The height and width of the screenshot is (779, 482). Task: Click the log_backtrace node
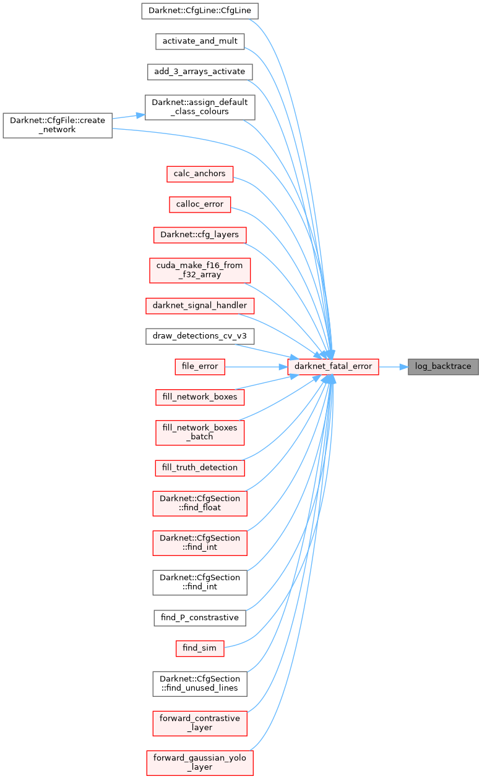[x=443, y=366]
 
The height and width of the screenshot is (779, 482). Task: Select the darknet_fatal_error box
[x=333, y=366]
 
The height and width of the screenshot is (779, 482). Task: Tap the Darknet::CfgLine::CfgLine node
[x=199, y=11]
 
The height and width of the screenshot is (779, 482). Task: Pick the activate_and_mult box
[x=199, y=41]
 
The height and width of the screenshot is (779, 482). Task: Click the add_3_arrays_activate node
[x=199, y=72]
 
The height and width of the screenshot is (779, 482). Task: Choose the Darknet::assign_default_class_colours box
[x=199, y=107]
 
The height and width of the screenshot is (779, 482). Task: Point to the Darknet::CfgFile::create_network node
[x=58, y=125]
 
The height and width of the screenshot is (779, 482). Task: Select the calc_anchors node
[x=199, y=174]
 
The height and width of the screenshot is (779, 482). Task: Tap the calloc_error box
[x=199, y=204]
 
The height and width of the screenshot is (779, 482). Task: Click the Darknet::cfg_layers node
[x=199, y=235]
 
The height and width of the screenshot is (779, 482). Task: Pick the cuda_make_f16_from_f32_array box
[x=199, y=270]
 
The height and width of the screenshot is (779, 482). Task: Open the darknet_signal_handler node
[x=199, y=305]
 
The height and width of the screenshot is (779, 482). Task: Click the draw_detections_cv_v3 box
[x=199, y=336]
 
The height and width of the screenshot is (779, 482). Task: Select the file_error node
[x=199, y=366]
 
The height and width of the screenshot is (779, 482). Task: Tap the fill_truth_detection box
[x=199, y=468]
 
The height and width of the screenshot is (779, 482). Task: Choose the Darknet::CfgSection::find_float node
[x=199, y=503]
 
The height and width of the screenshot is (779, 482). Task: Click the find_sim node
[x=199, y=648]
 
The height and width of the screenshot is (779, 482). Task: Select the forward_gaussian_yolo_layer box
[x=199, y=762]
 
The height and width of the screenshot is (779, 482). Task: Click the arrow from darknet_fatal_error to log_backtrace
[x=394, y=366]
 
